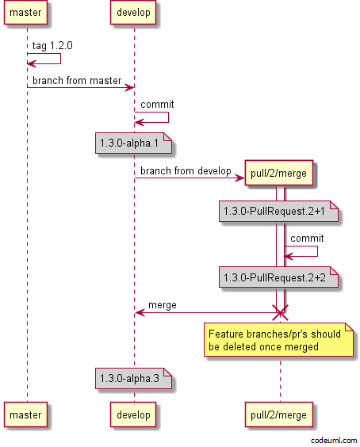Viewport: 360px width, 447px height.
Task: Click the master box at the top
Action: [x=25, y=12]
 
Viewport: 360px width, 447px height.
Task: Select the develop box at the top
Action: [x=133, y=12]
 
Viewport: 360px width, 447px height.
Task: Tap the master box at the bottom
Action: [x=25, y=415]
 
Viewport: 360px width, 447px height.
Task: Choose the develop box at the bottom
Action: [x=133, y=415]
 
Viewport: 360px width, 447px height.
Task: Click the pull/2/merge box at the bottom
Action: [x=278, y=415]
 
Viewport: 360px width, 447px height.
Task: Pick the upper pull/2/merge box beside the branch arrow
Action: [x=278, y=173]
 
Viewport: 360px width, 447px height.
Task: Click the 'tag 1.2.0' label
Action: [x=52, y=46]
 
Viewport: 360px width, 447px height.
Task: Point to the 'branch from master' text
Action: [x=77, y=81]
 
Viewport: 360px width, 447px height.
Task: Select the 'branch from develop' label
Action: [x=186, y=170]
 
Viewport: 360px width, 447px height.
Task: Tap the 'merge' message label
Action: [x=163, y=305]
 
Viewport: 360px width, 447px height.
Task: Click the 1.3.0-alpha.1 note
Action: [x=133, y=143]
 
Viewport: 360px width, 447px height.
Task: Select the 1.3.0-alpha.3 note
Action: [x=133, y=378]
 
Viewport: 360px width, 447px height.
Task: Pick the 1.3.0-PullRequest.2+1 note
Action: [x=278, y=212]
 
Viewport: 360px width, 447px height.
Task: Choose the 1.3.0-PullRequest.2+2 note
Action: [x=278, y=277]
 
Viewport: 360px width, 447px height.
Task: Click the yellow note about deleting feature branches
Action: [x=278, y=340]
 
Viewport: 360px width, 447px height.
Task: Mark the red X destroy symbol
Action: [x=280, y=313]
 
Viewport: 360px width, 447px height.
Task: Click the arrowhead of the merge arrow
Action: [x=138, y=313]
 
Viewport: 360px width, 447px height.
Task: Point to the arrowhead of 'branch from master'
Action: [x=131, y=87]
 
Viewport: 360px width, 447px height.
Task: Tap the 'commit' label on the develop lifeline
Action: [x=157, y=105]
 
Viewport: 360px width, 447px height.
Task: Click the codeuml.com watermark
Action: [x=334, y=441]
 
